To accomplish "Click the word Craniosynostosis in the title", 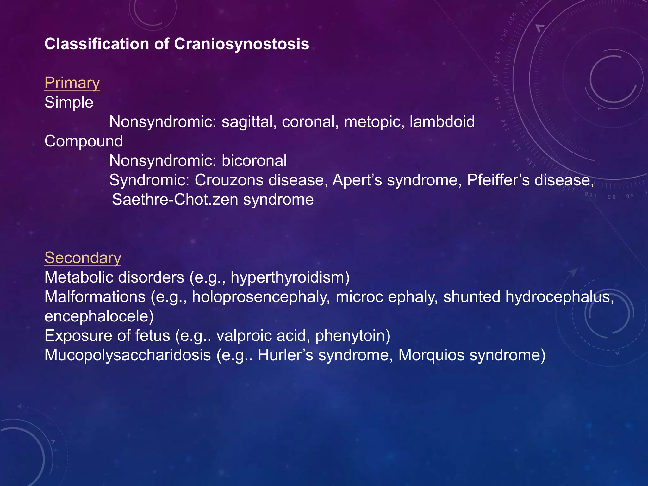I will tap(241, 44).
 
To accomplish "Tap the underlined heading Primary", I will tap(72, 83).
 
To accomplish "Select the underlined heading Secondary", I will tap(83, 258).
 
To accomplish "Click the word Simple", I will tap(69, 103).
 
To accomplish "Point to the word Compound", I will tap(84, 141).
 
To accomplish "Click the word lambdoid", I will tap(442, 122).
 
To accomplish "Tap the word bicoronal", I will tap(254, 161).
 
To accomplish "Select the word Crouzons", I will tap(229, 180).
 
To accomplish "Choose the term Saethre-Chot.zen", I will tap(175, 200).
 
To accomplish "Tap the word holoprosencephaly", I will tap(261, 297).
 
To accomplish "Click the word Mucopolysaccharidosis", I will tap(128, 355).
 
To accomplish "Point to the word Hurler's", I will tap(285, 355).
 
